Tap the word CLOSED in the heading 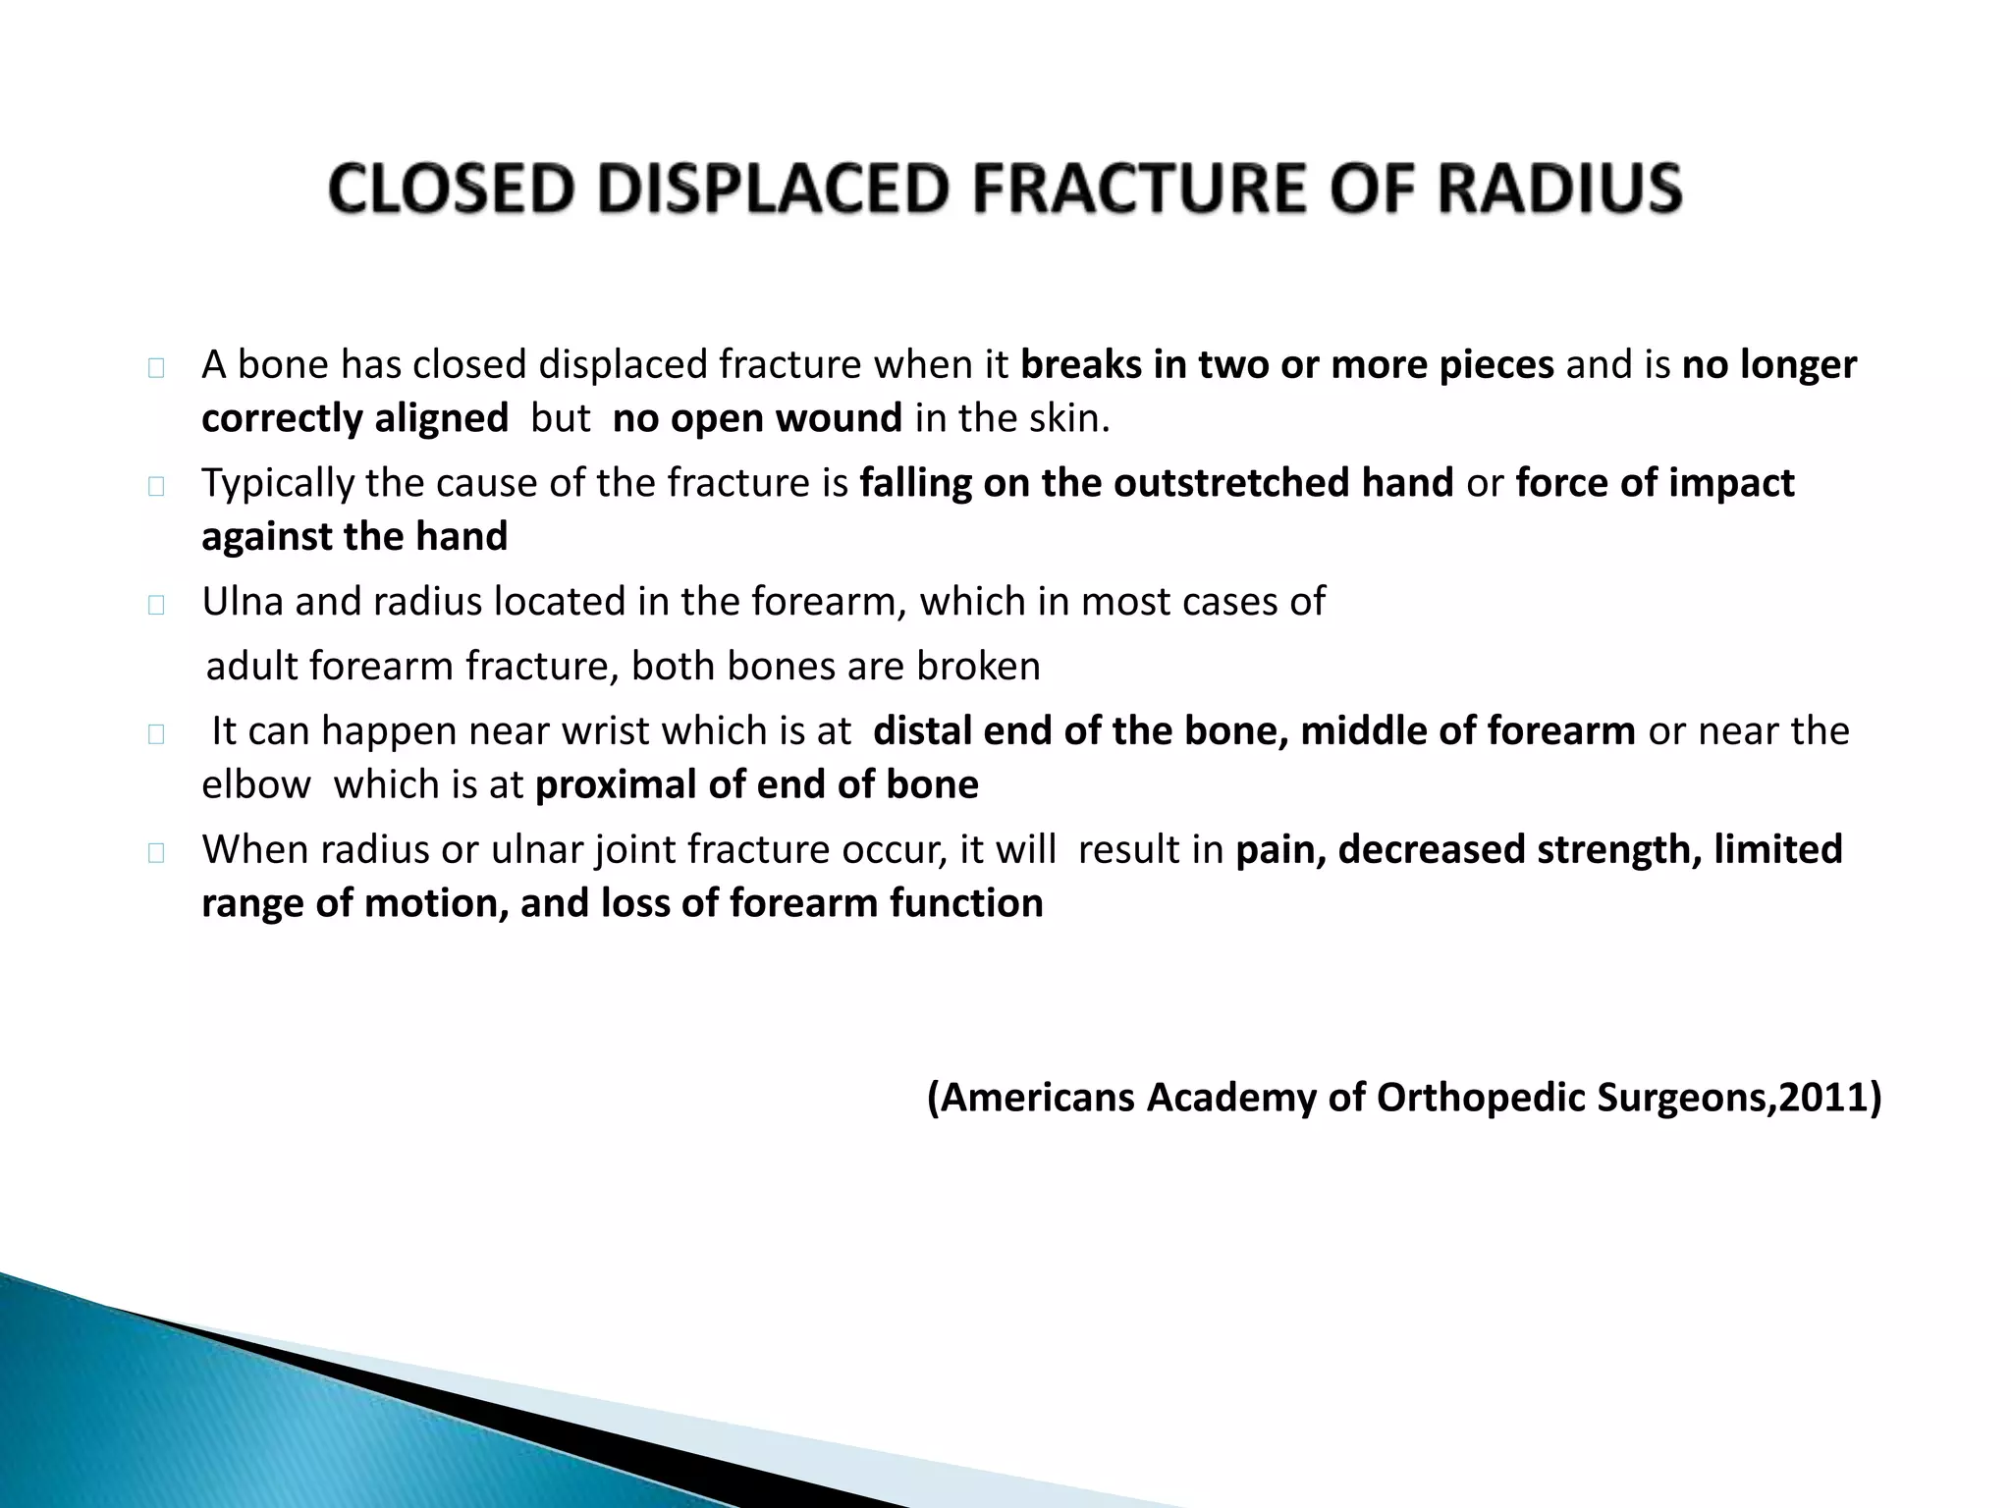(451, 188)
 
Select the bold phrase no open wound (757, 418)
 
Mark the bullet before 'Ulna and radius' (156, 605)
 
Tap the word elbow (255, 784)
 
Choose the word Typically (278, 483)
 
